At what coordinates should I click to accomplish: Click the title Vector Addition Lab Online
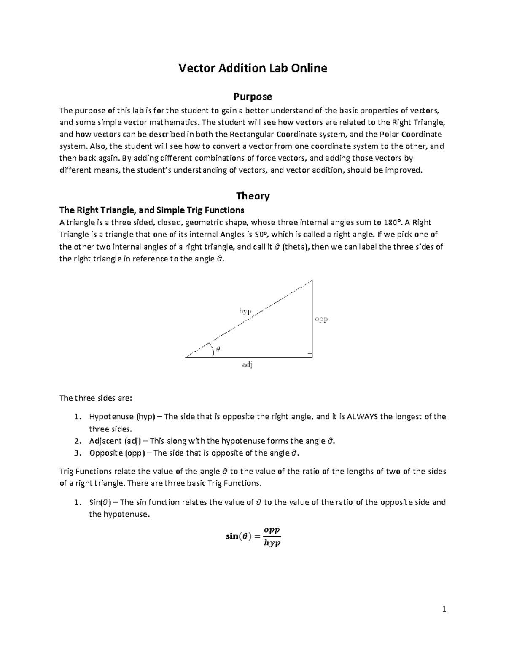(253, 68)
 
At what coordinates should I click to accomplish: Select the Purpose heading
(253, 97)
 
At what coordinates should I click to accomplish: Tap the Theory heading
(253, 196)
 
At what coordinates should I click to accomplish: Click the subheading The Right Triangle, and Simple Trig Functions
(152, 210)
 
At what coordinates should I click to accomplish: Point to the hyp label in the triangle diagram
(245, 311)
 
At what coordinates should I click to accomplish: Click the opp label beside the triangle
(321, 319)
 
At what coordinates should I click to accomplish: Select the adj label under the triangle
(247, 365)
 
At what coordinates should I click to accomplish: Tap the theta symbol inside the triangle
(218, 349)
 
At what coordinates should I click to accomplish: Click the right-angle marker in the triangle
(310, 354)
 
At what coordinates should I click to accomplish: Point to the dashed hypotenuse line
(270, 304)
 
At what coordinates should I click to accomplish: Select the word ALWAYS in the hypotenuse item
(362, 417)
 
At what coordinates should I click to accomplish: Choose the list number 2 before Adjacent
(77, 441)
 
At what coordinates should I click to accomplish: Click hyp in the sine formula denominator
(272, 544)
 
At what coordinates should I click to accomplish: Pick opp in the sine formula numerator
(272, 530)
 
